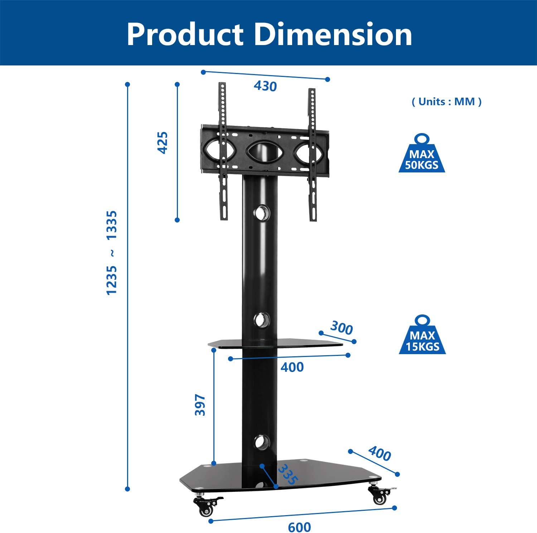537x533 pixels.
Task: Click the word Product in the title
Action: click(x=185, y=35)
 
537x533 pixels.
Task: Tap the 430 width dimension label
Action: click(x=265, y=86)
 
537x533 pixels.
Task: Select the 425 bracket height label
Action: click(x=163, y=143)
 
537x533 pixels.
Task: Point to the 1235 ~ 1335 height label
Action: click(x=112, y=253)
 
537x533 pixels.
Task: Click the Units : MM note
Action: click(x=446, y=102)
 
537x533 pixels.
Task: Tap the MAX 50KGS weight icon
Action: click(x=422, y=154)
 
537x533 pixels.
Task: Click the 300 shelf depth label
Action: click(x=341, y=328)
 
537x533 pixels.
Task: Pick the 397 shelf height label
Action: click(x=200, y=405)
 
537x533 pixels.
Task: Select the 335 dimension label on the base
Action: click(x=288, y=474)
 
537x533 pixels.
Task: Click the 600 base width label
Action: click(x=299, y=527)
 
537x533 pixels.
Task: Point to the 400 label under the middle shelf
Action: click(x=292, y=367)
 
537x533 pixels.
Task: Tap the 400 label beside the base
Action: click(x=379, y=454)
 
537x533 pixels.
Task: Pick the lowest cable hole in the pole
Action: click(x=262, y=442)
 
